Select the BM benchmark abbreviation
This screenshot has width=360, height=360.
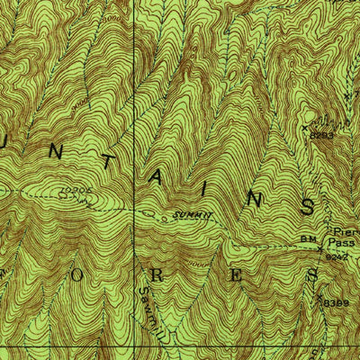point(309,238)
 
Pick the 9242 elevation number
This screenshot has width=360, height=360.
point(336,256)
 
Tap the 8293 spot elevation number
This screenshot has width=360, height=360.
point(323,135)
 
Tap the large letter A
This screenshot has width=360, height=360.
point(157,178)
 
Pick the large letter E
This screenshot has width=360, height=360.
point(235,275)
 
